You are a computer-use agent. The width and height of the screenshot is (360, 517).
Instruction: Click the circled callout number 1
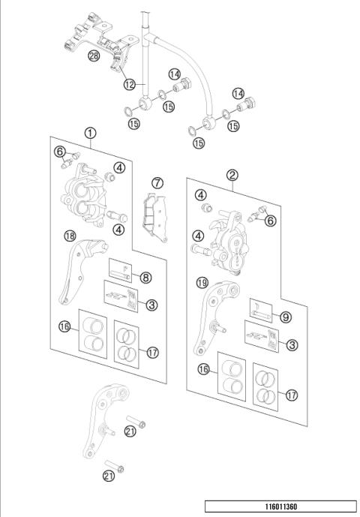click(90, 134)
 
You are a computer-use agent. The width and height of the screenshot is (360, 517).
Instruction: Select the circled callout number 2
click(233, 176)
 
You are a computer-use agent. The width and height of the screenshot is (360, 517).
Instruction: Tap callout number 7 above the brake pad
click(156, 182)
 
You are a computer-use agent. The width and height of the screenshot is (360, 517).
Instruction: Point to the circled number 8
click(145, 278)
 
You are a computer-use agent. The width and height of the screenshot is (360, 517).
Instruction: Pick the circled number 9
click(286, 317)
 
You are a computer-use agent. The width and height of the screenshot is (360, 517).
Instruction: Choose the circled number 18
click(70, 236)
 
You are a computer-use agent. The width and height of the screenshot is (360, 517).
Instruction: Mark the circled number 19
click(201, 283)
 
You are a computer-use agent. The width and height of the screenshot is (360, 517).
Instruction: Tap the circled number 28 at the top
click(94, 56)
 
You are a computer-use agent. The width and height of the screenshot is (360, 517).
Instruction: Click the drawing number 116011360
click(280, 507)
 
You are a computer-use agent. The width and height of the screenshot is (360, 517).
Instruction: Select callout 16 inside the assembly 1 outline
click(65, 327)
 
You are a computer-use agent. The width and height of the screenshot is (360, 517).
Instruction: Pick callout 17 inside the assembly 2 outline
click(292, 394)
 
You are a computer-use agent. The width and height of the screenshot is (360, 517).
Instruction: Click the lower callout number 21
click(109, 476)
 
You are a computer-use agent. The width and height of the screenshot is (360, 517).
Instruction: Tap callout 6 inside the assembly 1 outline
click(59, 152)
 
